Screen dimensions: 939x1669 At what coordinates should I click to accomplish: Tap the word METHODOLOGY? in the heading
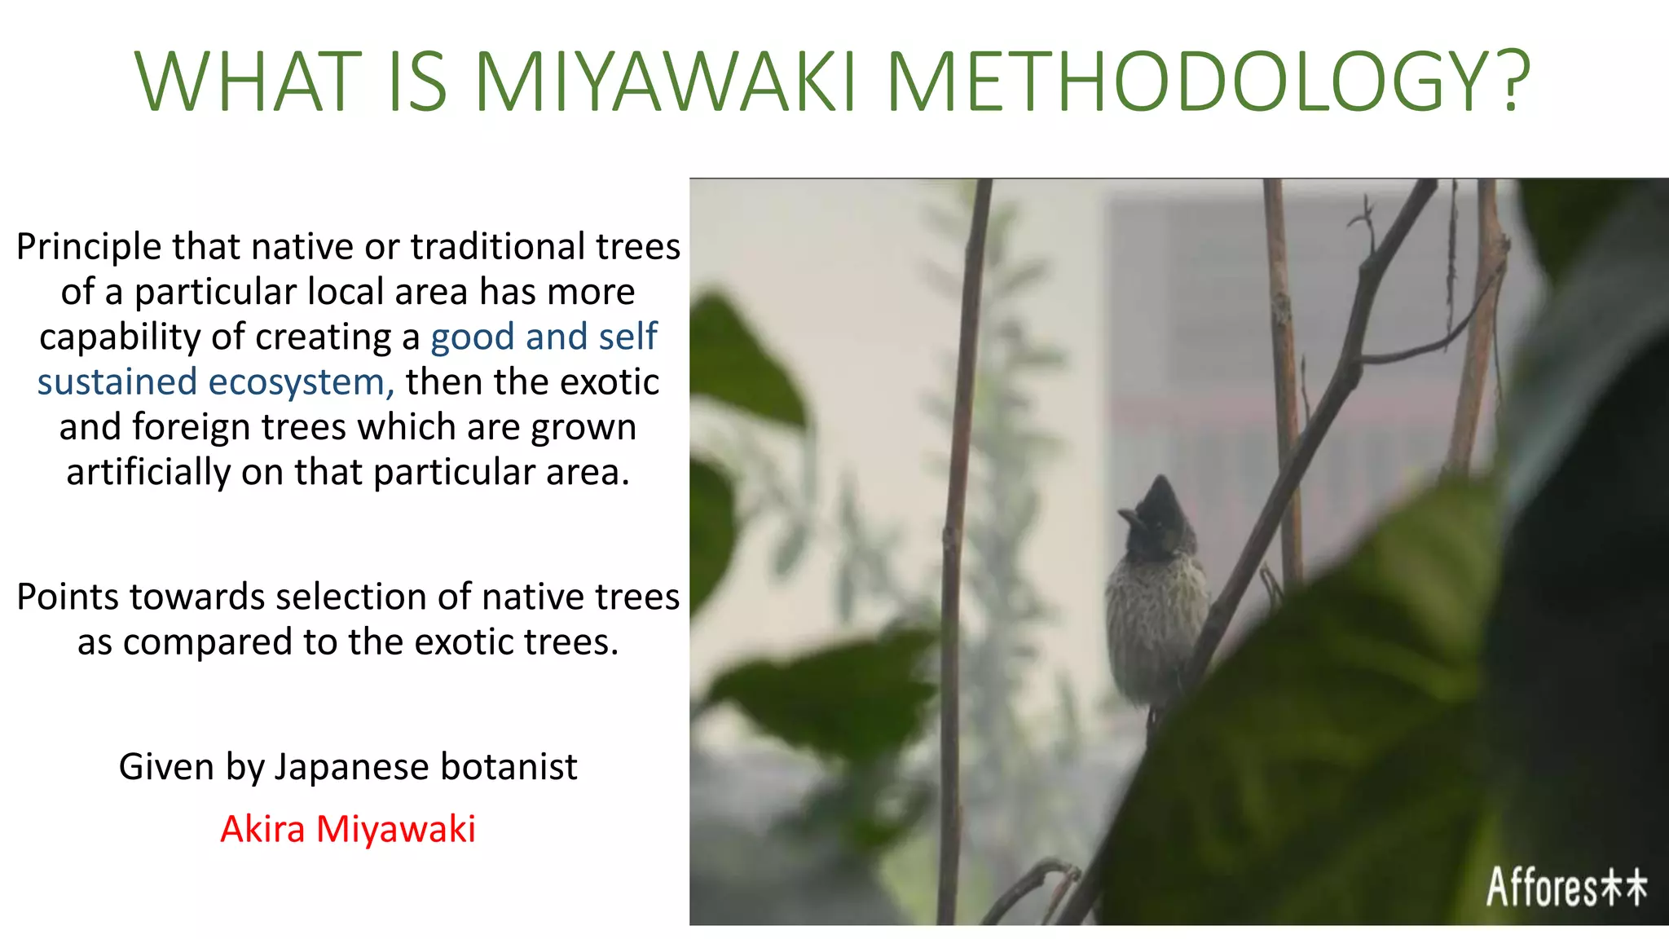pyautogui.click(x=1209, y=82)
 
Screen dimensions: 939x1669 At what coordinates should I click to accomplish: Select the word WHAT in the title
pyautogui.click(x=248, y=82)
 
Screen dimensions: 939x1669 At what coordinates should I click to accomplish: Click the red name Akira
pyautogui.click(x=262, y=829)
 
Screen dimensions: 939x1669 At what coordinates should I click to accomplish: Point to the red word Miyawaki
pyautogui.click(x=396, y=829)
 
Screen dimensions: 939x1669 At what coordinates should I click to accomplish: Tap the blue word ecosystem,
pyautogui.click(x=302, y=382)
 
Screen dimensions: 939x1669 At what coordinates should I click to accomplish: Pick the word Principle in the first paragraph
pyautogui.click(x=89, y=247)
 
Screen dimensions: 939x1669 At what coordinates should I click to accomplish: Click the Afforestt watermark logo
pyautogui.click(x=1566, y=887)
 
